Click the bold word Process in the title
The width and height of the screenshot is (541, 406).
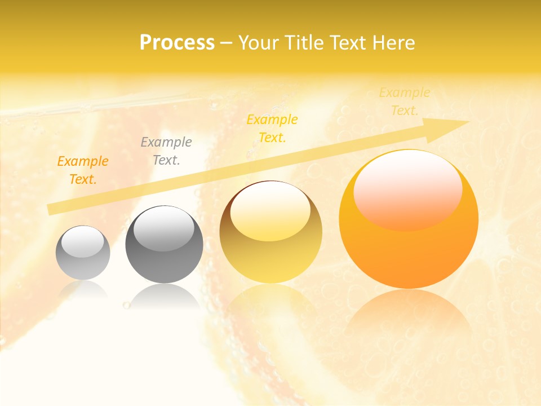pos(177,43)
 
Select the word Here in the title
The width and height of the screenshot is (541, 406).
pos(393,43)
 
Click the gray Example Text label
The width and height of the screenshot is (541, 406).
pos(166,151)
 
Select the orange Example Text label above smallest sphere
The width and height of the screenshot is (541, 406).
pos(83,170)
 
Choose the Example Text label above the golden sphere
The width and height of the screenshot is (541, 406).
pos(272,129)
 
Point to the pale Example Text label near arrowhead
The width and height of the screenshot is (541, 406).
pos(405,101)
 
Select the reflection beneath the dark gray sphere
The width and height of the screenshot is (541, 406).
pos(164,296)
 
